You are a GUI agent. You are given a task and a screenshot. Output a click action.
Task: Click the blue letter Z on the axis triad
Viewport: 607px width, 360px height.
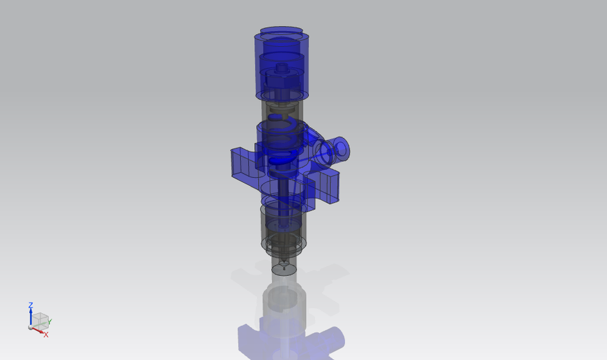pyautogui.click(x=30, y=306)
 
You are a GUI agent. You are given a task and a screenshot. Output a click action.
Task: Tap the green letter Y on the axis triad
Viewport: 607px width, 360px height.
pyautogui.click(x=50, y=322)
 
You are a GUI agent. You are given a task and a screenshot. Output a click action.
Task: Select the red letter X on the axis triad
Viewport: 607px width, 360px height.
pyautogui.click(x=46, y=334)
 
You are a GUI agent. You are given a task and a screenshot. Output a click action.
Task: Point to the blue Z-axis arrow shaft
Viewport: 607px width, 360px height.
pyautogui.click(x=30, y=317)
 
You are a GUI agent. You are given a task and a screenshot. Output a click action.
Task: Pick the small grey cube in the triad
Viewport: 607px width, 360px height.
pyautogui.click(x=40, y=319)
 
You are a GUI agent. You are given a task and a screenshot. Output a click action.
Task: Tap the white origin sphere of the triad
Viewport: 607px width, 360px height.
pyautogui.click(x=30, y=327)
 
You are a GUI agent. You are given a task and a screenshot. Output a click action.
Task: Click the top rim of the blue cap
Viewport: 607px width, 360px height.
pyautogui.click(x=282, y=30)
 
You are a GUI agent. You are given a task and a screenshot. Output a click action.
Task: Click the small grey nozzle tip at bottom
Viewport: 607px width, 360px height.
pyautogui.click(x=284, y=269)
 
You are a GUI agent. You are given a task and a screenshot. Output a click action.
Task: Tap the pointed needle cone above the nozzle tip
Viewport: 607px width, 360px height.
pyautogui.click(x=284, y=260)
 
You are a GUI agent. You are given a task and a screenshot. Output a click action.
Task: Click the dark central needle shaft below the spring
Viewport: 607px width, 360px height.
pyautogui.click(x=282, y=190)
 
